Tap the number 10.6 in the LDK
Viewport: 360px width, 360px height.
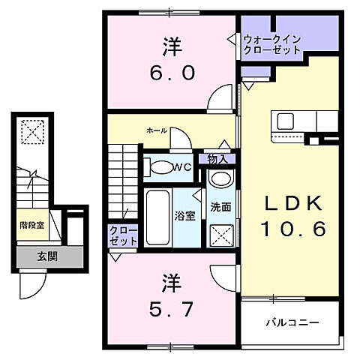[x=294, y=229]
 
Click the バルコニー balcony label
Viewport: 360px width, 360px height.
[x=292, y=323]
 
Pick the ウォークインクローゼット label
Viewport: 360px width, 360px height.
[x=271, y=44]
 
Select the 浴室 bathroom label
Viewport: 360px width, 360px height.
[x=186, y=214]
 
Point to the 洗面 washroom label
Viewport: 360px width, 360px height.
[x=220, y=207]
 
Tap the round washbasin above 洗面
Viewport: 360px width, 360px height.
[x=220, y=181]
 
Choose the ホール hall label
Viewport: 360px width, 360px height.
[x=157, y=130]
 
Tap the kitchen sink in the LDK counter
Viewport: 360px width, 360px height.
[x=286, y=121]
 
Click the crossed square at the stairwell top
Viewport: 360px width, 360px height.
[x=31, y=134]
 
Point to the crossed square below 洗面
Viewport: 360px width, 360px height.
[x=221, y=237]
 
